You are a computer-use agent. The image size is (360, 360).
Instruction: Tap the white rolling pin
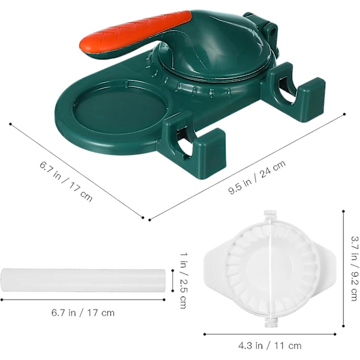pyautogui.click(x=83, y=280)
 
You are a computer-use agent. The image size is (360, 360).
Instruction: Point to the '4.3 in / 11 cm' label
pyautogui.click(x=270, y=346)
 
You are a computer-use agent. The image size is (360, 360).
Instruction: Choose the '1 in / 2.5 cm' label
pyautogui.click(x=184, y=280)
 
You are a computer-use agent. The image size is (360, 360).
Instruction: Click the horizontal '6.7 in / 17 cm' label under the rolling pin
pyautogui.click(x=83, y=313)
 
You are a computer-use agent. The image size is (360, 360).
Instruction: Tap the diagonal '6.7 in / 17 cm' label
pyautogui.click(x=66, y=181)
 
